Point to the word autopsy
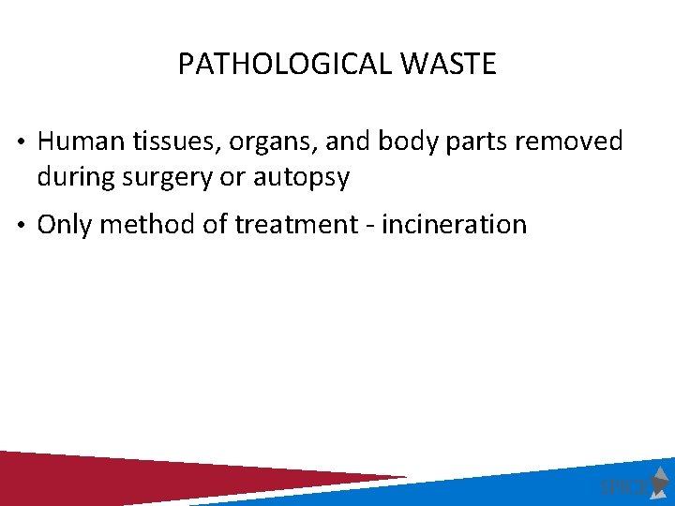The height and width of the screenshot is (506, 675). click(x=305, y=178)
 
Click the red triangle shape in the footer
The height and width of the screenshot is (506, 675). click(x=141, y=476)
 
